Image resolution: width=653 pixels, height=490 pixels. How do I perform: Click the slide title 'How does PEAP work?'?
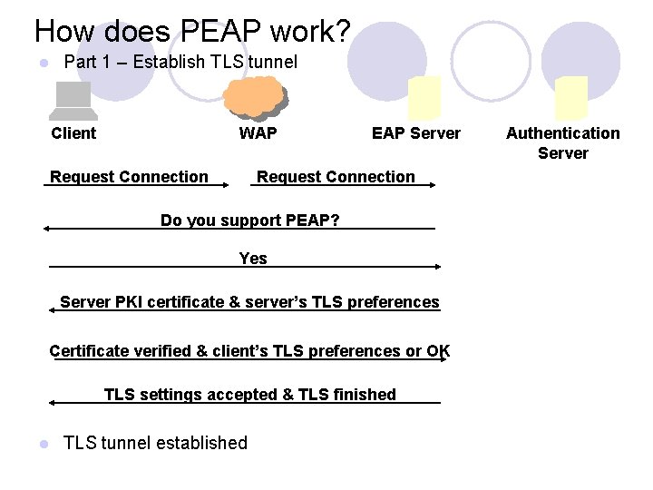(x=191, y=32)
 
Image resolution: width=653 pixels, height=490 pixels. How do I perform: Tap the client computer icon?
(x=73, y=101)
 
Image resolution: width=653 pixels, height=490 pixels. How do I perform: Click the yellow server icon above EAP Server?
(x=424, y=98)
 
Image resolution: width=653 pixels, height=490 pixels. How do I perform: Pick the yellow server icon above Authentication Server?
(x=571, y=98)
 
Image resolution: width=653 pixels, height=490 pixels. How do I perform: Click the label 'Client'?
(x=73, y=133)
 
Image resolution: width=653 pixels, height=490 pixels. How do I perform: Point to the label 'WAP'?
(x=258, y=133)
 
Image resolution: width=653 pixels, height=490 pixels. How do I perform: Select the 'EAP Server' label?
(x=416, y=133)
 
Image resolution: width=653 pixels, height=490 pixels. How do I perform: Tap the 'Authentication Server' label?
(x=563, y=142)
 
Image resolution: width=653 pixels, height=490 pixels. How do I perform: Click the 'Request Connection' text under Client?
(x=129, y=177)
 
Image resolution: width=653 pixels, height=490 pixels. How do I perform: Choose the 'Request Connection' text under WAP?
(x=336, y=177)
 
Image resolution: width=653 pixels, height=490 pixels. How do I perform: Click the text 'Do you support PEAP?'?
(x=249, y=220)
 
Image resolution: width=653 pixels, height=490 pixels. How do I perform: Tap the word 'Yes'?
(x=253, y=259)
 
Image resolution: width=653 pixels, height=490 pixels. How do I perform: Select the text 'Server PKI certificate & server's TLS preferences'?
(x=249, y=302)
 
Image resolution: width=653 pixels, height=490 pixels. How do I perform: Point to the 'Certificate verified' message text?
(x=249, y=351)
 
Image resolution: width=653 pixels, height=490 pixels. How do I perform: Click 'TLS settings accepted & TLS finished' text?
(x=249, y=395)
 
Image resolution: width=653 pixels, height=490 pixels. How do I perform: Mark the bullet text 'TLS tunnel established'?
(x=155, y=443)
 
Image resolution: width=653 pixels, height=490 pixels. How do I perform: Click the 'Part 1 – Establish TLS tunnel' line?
(x=180, y=63)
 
